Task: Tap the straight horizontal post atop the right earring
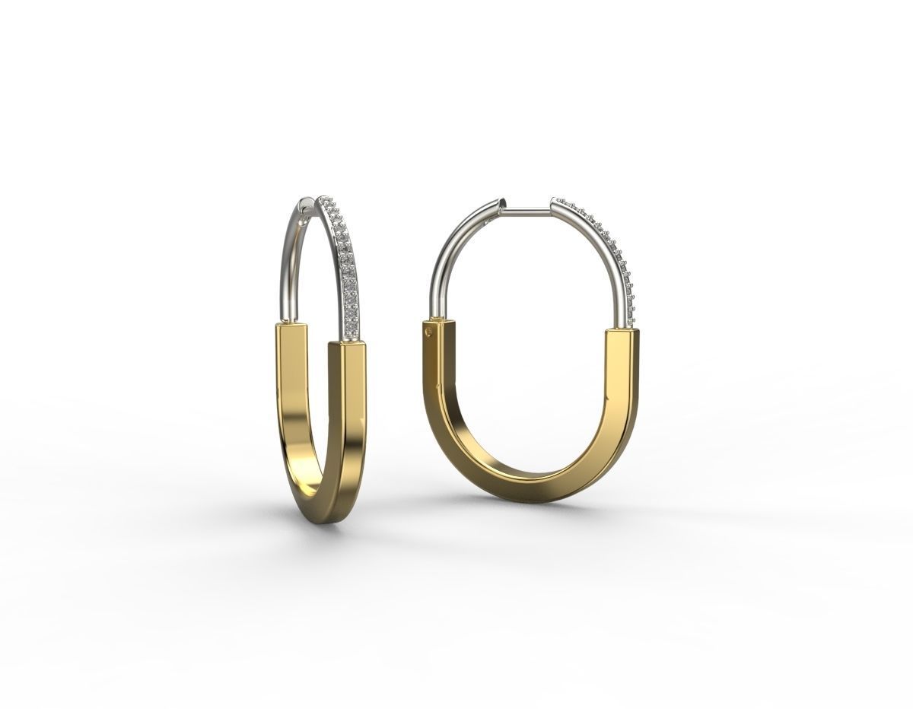tap(526, 209)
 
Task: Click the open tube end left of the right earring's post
tap(498, 204)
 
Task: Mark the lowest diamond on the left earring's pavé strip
tap(351, 326)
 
